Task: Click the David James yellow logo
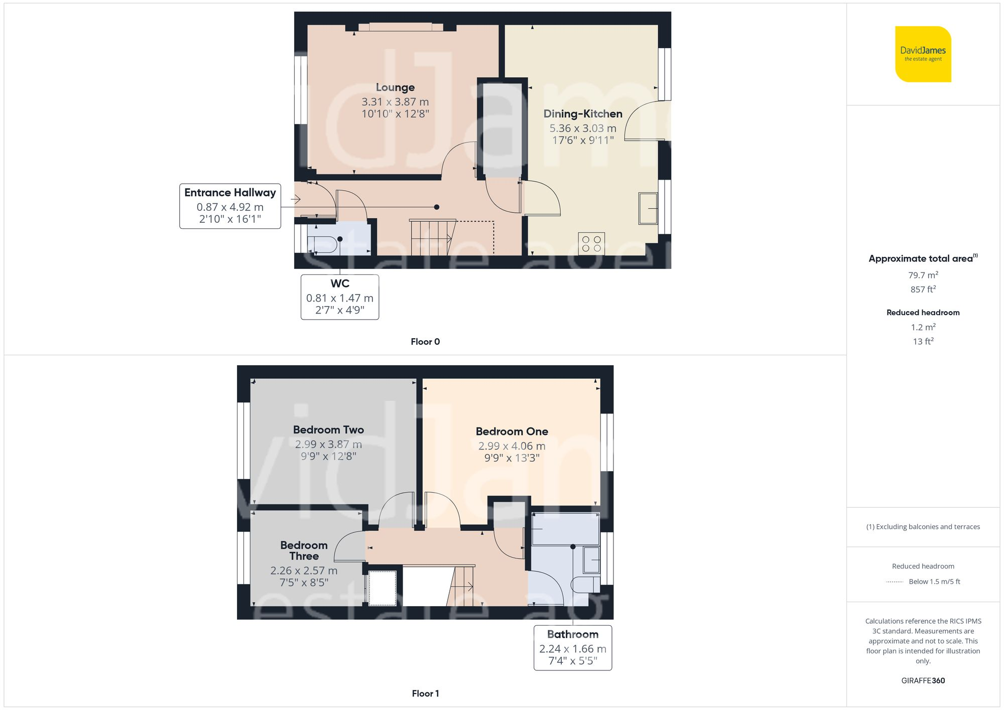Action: coord(923,54)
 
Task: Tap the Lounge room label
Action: coord(395,87)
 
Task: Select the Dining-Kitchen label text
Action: coord(582,114)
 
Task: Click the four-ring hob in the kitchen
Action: coord(591,244)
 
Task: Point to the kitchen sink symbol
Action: coord(648,208)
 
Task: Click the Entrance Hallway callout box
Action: coord(230,206)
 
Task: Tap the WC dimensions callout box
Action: coord(340,297)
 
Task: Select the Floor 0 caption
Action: coord(425,342)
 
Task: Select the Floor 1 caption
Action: coord(425,693)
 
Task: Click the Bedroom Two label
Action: coord(328,430)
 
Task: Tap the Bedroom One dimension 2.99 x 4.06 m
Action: coord(512,446)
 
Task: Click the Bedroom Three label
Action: coord(304,550)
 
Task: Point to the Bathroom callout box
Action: coord(572,648)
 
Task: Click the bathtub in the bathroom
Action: coord(565,529)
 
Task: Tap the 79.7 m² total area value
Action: coord(923,275)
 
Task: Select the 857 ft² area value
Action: coord(923,290)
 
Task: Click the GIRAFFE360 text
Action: coord(923,681)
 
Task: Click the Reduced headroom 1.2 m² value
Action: coord(923,327)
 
